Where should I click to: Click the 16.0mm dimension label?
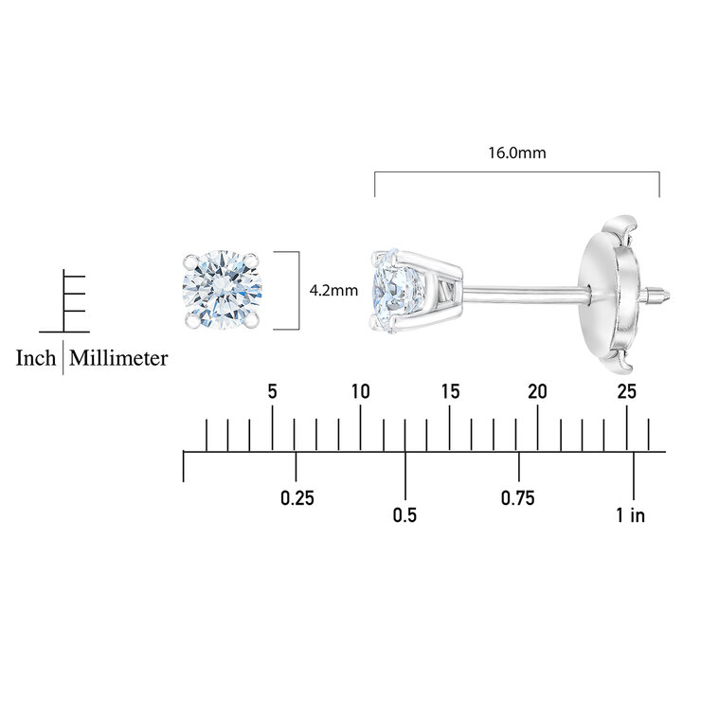pyautogui.click(x=517, y=153)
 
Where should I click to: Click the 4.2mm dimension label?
pyautogui.click(x=333, y=291)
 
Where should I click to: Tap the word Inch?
pyautogui.click(x=36, y=358)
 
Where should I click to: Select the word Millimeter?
pyautogui.click(x=118, y=358)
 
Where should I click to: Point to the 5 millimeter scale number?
pyautogui.click(x=272, y=391)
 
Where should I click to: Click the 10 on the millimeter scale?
pyautogui.click(x=360, y=391)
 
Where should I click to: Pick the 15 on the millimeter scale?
pyautogui.click(x=450, y=391)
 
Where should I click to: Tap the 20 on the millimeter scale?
pyautogui.click(x=537, y=391)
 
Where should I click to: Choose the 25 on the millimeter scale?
pyautogui.click(x=627, y=391)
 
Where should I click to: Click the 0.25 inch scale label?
pyautogui.click(x=297, y=498)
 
